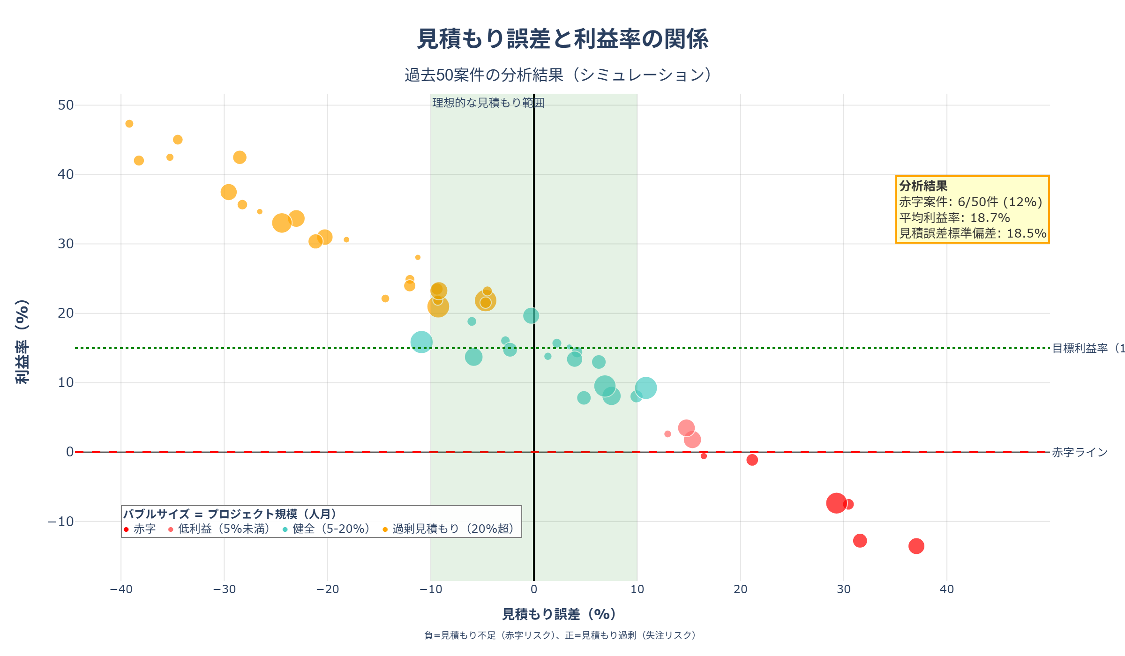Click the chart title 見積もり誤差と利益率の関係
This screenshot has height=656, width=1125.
click(562, 39)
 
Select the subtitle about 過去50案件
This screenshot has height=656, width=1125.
click(558, 75)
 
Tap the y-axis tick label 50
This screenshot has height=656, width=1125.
click(66, 105)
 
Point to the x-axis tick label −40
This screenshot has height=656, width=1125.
click(121, 589)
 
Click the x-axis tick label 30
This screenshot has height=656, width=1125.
click(843, 589)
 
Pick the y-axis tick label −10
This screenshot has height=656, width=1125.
click(61, 522)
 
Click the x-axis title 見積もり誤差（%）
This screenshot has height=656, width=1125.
click(559, 614)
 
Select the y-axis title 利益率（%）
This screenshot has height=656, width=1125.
click(22, 342)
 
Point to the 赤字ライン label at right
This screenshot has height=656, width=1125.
click(1080, 452)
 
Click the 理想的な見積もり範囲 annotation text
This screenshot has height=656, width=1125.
click(487, 103)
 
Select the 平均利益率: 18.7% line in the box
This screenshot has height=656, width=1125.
click(954, 218)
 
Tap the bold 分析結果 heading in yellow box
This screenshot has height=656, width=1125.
click(923, 186)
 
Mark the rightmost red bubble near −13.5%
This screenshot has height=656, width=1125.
click(916, 546)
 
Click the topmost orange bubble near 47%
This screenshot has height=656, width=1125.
click(129, 124)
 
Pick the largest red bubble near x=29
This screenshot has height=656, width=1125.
click(836, 503)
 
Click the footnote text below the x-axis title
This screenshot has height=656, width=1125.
click(560, 635)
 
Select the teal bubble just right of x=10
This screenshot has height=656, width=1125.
click(645, 388)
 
